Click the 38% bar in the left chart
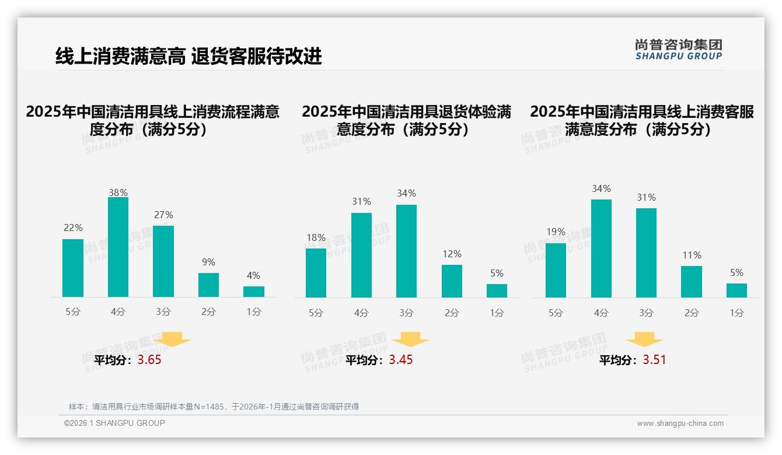(x=118, y=247)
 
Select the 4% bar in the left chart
(x=254, y=292)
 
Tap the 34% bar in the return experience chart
(x=406, y=251)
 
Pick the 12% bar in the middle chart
(x=452, y=281)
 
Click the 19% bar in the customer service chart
(x=556, y=270)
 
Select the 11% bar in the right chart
(x=692, y=282)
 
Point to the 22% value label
(x=73, y=228)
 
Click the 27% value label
(x=163, y=215)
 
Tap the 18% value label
(x=316, y=237)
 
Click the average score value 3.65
(x=149, y=360)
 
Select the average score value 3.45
(x=401, y=360)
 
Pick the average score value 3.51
(x=654, y=360)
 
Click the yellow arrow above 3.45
(x=410, y=339)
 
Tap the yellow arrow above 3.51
(x=644, y=339)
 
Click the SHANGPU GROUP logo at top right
(x=678, y=49)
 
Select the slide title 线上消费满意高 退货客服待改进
(x=188, y=57)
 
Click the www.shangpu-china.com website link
(x=680, y=423)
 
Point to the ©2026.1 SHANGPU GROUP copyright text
(x=114, y=423)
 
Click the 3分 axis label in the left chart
(x=163, y=312)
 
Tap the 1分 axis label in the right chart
(x=736, y=313)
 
